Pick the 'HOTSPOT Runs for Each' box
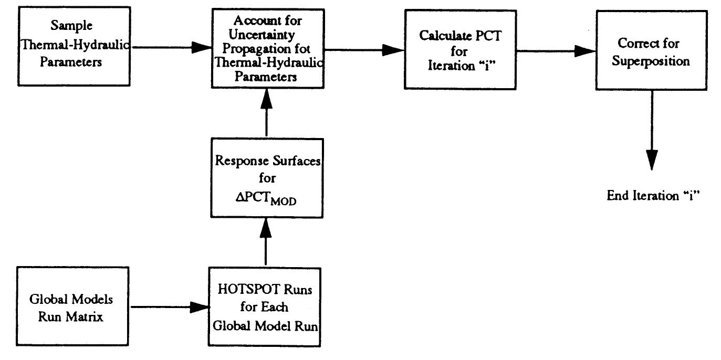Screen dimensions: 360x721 [265, 306]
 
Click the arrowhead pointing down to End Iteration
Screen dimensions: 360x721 [652, 159]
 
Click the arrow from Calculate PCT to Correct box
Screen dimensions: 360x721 [556, 51]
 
